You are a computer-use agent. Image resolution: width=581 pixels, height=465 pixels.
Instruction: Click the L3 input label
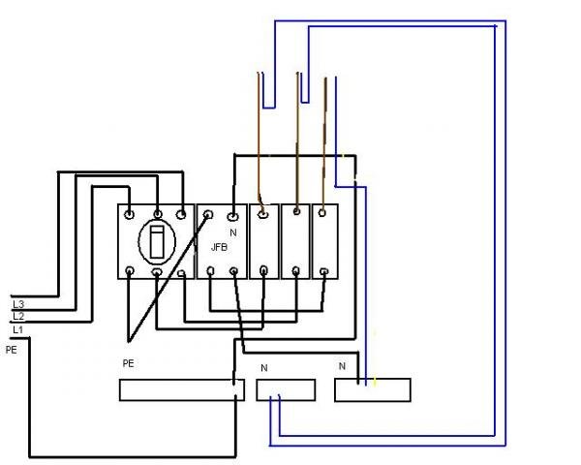[x=18, y=304]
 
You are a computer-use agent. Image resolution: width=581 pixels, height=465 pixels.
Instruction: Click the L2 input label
[x=18, y=317]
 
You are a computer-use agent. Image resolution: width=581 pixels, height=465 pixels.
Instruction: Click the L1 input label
[x=17, y=329]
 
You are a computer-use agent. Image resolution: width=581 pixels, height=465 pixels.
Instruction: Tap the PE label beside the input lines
[x=11, y=350]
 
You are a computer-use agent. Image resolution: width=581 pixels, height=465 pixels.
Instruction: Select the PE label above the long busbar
[x=128, y=363]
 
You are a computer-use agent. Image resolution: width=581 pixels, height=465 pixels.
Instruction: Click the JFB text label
[x=219, y=247]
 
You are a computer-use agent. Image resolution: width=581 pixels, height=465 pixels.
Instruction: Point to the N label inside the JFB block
[x=233, y=232]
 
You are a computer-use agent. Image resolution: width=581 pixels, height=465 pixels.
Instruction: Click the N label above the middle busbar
[x=263, y=368]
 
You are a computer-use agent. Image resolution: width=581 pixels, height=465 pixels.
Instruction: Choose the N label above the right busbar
[x=342, y=366]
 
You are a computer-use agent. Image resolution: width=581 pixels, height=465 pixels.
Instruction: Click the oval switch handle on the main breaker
[x=157, y=242]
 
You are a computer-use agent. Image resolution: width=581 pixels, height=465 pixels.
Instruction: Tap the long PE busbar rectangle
[x=182, y=389]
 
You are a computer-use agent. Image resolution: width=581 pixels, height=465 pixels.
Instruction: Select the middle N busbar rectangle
[x=286, y=389]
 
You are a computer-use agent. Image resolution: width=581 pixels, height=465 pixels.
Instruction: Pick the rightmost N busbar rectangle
[x=373, y=389]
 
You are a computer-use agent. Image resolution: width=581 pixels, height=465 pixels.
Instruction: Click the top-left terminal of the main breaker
[x=129, y=214]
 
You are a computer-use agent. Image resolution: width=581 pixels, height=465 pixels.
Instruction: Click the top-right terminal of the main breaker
[x=181, y=214]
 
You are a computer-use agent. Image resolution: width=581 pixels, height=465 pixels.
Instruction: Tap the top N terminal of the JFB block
[x=232, y=215]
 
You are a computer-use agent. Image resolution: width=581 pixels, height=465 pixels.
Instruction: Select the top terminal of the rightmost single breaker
[x=322, y=213]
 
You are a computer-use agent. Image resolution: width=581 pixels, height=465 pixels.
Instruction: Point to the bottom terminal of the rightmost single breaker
[x=323, y=272]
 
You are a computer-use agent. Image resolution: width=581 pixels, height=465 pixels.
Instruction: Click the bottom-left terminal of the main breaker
[x=130, y=271]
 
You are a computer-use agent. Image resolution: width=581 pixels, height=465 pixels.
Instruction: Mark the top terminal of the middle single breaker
[x=296, y=211]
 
